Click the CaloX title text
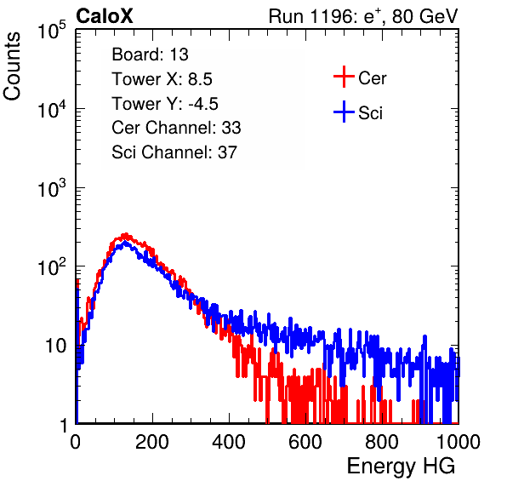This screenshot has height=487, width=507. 104,16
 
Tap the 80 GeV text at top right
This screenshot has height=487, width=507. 424,16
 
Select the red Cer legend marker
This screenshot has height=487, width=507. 344,77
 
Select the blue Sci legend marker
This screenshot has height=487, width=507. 344,112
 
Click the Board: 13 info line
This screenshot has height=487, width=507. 150,54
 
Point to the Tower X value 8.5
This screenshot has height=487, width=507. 200,79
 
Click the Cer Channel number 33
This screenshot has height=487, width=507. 231,128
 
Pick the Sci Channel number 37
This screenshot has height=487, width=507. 227,152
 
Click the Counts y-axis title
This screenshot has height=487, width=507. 12,66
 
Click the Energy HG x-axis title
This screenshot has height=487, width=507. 401,467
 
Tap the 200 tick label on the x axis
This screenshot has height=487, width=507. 152,442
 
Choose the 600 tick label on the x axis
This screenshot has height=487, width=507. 305,442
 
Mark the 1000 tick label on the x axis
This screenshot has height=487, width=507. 459,442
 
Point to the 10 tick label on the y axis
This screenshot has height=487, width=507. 56,346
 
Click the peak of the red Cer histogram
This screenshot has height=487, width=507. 126,234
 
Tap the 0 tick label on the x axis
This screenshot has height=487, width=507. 76,442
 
